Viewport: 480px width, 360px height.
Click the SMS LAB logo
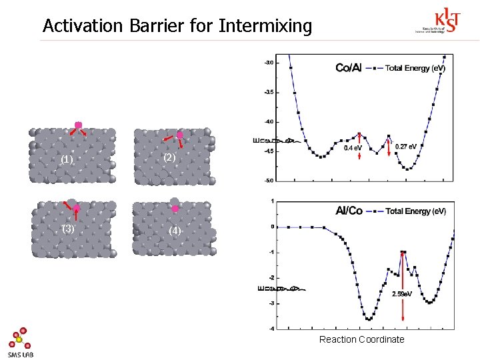(21, 343)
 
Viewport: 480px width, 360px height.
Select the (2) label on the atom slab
(169, 157)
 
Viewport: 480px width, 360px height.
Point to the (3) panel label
(67, 229)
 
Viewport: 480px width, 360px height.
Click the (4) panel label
(175, 231)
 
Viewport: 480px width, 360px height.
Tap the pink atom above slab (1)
(78, 125)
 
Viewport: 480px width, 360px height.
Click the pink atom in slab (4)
(175, 209)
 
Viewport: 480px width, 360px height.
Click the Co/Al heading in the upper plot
(349, 68)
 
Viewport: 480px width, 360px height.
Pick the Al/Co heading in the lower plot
(349, 211)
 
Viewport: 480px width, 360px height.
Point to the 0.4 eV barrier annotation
(353, 148)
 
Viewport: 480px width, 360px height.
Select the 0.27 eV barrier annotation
(406, 146)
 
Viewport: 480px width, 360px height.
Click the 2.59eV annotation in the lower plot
(402, 294)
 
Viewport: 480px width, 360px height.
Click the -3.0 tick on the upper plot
(268, 63)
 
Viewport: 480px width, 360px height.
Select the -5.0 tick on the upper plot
(268, 180)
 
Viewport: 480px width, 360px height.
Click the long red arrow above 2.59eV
(402, 269)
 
